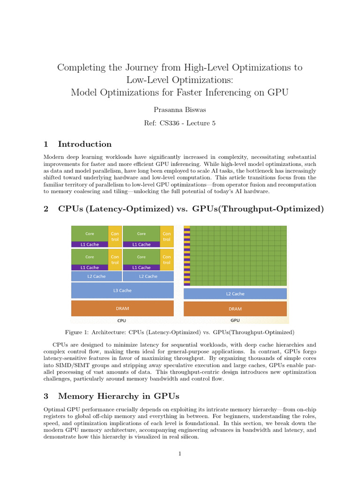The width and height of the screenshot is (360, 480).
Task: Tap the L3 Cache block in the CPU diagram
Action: [122, 291]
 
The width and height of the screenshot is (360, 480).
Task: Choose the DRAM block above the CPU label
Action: [122, 308]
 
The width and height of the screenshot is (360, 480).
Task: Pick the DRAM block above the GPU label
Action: [235, 309]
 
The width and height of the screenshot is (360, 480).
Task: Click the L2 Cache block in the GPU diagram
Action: [235, 294]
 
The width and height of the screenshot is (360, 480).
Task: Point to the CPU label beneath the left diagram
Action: [121, 321]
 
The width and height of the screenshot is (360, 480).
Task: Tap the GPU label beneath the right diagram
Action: [235, 321]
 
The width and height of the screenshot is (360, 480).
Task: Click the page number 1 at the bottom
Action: [180, 454]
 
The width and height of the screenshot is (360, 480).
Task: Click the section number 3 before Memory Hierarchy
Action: [46, 396]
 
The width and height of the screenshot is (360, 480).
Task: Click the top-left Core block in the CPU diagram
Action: [90, 233]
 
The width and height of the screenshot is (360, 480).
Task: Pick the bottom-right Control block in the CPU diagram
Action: [166, 260]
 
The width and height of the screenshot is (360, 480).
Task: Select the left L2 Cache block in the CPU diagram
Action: [97, 277]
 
